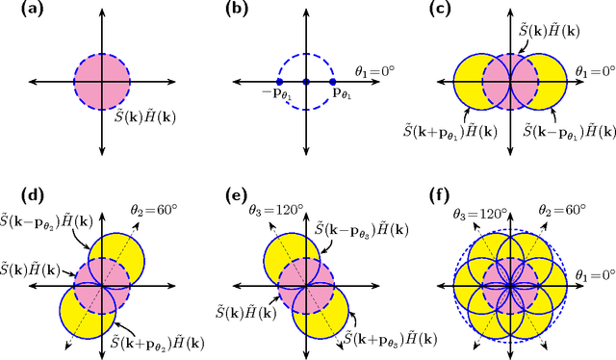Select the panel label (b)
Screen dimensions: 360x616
pos(236,11)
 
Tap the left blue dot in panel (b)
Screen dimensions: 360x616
pos(278,81)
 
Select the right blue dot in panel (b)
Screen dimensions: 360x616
pos(333,81)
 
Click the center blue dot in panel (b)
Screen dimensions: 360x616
pos(306,81)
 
